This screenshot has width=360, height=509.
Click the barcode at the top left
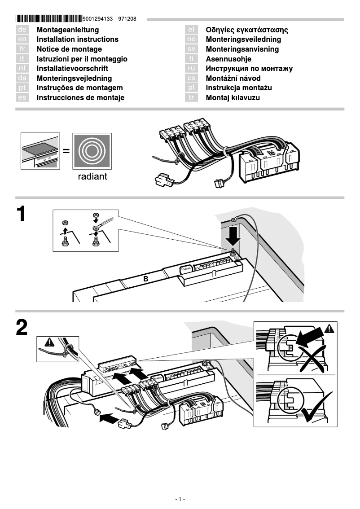49,19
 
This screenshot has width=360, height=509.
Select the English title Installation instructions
77,39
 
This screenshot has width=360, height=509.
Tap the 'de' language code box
22,30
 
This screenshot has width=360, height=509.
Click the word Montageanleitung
67,30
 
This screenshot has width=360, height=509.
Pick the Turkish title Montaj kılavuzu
233,98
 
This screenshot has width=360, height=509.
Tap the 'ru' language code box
191,69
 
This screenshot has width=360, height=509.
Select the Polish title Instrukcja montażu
238,88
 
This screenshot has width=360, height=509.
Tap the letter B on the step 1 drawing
145,279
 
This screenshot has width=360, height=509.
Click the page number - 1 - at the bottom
180,499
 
